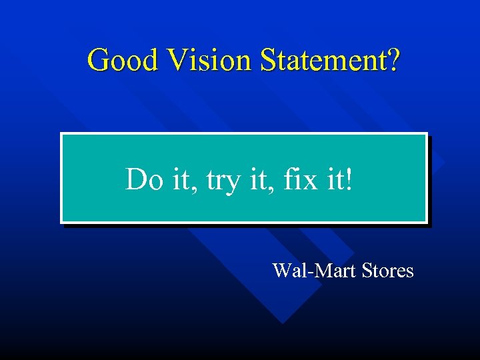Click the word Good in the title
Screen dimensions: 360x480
coord(124,60)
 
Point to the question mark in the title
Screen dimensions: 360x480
coord(394,60)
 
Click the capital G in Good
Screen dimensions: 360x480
coord(99,60)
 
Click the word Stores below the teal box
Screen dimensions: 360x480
coord(387,271)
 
